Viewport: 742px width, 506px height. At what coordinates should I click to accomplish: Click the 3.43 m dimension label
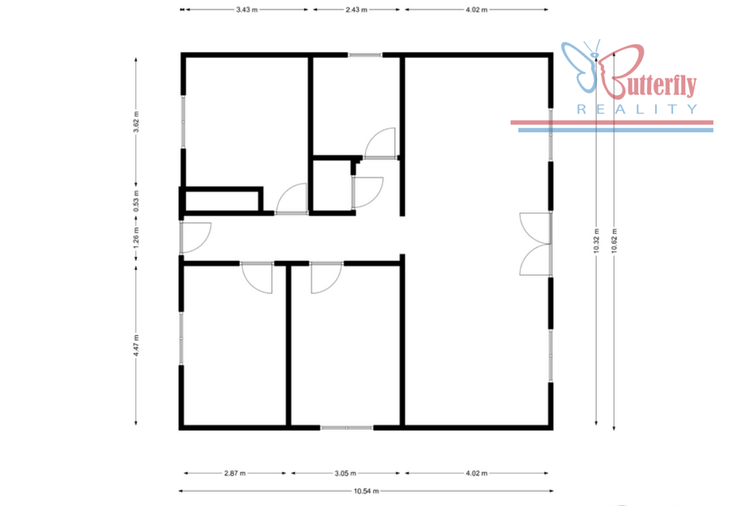246,10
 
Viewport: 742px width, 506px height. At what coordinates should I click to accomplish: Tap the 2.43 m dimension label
357,10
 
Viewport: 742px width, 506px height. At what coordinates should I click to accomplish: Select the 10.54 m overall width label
366,491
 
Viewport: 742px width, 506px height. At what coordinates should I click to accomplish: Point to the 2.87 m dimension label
235,473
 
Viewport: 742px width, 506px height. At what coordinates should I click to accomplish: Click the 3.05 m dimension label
346,473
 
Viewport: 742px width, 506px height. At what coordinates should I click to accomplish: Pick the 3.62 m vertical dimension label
136,122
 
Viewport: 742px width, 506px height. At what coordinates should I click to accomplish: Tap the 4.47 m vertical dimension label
136,346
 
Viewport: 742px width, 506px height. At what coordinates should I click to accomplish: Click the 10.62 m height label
614,241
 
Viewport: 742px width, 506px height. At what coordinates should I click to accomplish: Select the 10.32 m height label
596,241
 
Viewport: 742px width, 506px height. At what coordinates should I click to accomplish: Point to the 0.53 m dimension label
136,201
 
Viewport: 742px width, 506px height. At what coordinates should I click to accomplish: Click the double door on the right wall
536,245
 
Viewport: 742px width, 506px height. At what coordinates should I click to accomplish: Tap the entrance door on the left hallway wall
196,237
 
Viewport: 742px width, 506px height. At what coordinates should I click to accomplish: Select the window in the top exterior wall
365,55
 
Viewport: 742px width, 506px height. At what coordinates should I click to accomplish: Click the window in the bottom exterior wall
347,428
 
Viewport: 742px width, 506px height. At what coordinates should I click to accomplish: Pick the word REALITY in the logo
637,110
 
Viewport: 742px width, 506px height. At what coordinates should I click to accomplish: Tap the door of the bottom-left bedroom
257,278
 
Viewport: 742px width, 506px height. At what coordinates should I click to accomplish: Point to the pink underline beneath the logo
612,123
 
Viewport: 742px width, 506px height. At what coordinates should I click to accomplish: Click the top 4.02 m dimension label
477,10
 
